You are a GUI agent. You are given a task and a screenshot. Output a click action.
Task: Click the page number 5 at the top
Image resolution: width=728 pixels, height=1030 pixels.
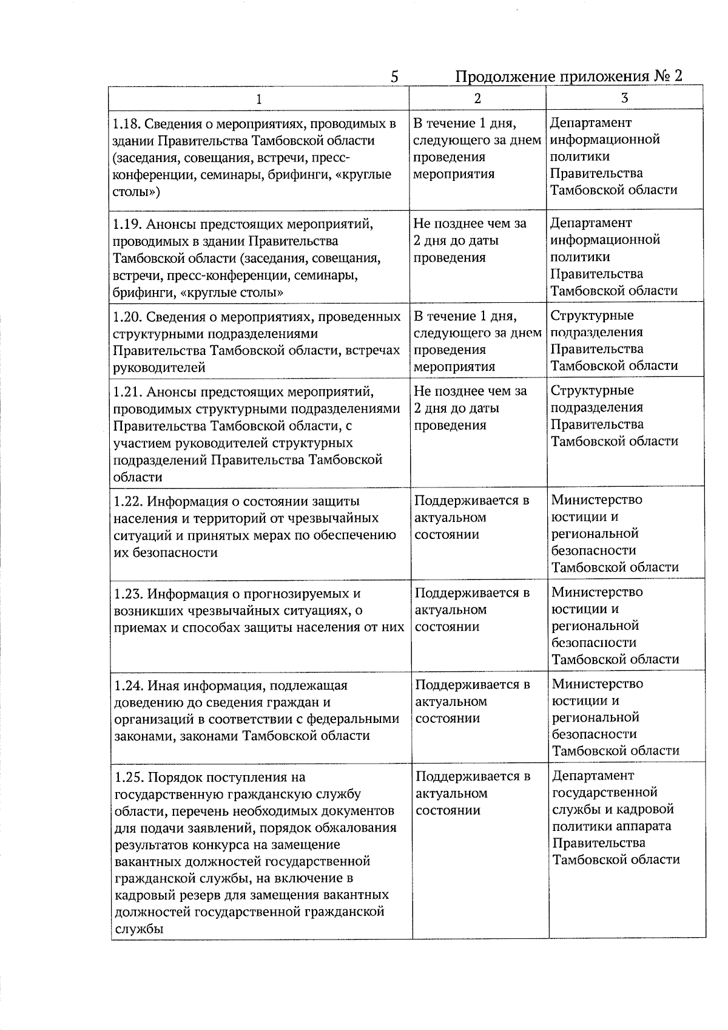[x=394, y=77]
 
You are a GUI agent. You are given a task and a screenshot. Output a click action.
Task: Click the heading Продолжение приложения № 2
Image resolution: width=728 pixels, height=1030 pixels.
[x=568, y=76]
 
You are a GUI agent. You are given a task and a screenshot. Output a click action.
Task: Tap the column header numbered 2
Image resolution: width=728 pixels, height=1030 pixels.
[x=477, y=98]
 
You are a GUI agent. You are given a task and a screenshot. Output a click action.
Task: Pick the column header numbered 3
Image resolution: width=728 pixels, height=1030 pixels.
[x=625, y=98]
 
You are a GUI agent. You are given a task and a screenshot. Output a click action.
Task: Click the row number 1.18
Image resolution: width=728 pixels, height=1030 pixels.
[x=127, y=124]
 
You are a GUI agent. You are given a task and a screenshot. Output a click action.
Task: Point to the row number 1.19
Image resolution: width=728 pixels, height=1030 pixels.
[x=127, y=225]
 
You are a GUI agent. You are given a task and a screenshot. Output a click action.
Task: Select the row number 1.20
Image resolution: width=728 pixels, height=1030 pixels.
[x=127, y=317]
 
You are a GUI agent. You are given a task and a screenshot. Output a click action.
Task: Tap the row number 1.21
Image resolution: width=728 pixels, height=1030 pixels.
[x=127, y=391]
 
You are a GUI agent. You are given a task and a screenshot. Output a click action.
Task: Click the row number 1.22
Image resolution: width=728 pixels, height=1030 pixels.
[x=129, y=502]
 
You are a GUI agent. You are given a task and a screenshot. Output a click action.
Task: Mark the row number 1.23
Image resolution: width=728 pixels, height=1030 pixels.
[x=129, y=594]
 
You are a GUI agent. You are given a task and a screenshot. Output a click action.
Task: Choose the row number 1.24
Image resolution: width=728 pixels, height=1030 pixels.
[x=129, y=686]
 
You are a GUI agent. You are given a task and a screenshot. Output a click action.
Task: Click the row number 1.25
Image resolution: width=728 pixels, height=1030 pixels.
[x=129, y=778]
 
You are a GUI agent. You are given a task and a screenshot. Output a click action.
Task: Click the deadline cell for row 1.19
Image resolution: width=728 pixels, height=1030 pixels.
[x=470, y=240]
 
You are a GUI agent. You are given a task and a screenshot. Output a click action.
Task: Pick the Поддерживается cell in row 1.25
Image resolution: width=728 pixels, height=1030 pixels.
[x=473, y=793]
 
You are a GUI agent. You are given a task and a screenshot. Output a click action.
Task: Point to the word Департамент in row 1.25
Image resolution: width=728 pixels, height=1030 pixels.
[x=593, y=776]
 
